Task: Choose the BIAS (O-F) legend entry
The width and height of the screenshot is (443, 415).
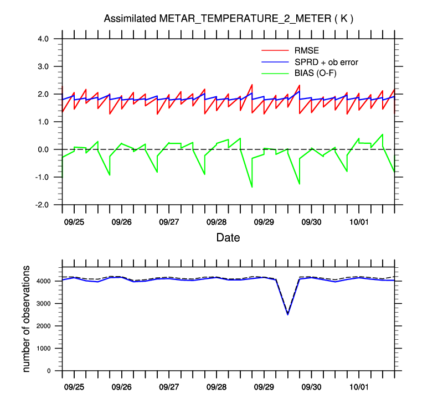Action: tap(317, 74)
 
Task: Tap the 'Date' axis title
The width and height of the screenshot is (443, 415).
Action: tap(228, 237)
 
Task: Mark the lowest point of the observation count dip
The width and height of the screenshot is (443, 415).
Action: tap(287, 314)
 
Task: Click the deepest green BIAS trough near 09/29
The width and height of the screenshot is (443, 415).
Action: tap(252, 187)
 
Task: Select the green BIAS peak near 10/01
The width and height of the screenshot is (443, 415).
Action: tap(382, 134)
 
